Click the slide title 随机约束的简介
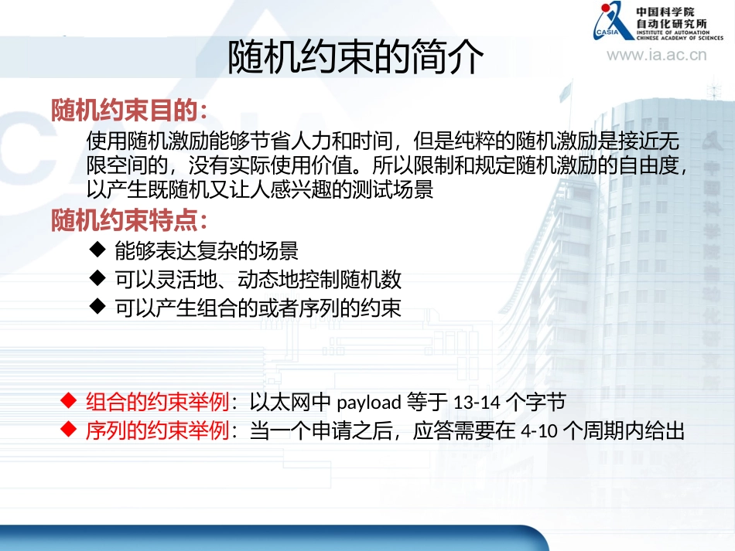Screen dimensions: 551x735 tap(356, 58)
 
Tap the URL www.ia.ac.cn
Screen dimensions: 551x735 tap(656, 54)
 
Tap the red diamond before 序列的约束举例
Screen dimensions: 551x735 tap(68, 430)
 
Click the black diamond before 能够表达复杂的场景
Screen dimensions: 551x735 tap(97, 249)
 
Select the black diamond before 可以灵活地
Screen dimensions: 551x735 tap(97, 277)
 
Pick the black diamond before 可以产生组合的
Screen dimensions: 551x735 tap(97, 306)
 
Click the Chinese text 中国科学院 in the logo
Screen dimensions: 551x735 tap(665, 12)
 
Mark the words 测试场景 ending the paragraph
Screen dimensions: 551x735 tap(403, 190)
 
